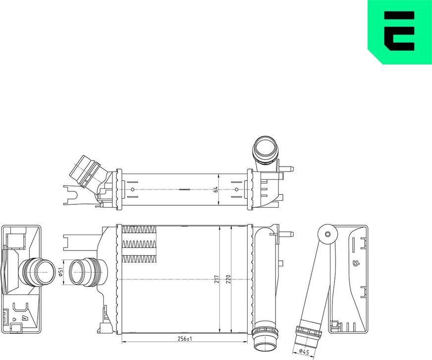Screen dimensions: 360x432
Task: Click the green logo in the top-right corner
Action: [399, 31]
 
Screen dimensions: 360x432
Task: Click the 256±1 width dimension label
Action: [185, 339]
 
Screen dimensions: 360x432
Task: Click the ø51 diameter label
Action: [60, 272]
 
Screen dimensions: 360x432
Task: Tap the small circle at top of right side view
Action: [327, 235]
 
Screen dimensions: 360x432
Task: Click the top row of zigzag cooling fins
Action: [139, 230]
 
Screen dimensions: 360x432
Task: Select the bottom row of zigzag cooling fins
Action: [139, 258]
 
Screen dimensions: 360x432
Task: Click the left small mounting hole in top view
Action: [132, 189]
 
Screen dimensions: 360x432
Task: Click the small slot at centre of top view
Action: [184, 189]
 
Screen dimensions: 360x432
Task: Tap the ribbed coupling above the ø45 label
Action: [307, 330]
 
